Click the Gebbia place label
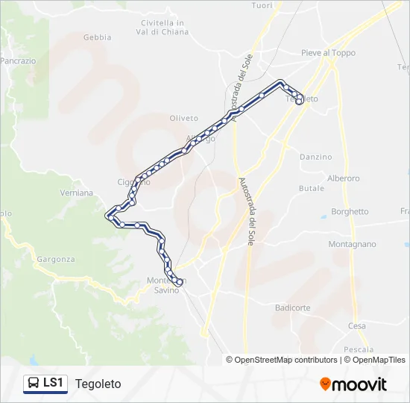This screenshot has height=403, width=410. tap(98, 37)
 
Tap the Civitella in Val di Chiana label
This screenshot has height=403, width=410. tap(163, 27)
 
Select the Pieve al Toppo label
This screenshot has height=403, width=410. tap(328, 53)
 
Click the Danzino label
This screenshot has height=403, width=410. tap(315, 157)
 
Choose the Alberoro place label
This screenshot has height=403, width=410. tap(343, 178)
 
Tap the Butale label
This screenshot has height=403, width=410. tap(312, 189)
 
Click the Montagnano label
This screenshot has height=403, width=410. tap(352, 244)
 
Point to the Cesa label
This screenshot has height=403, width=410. tap(356, 326)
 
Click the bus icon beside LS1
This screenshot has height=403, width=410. tap(34, 384)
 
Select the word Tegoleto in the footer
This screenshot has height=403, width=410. tap(98, 384)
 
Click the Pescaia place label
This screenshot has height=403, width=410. tap(359, 349)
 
